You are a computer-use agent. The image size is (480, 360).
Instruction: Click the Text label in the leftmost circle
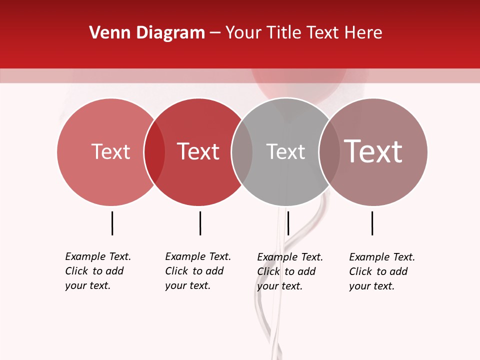pos(110,151)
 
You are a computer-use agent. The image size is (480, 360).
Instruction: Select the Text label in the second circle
pos(198,151)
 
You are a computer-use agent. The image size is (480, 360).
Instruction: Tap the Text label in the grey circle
pos(285,151)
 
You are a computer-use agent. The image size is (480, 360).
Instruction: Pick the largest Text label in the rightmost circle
pos(373,151)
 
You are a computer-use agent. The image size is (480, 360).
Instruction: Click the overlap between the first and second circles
pos(154,152)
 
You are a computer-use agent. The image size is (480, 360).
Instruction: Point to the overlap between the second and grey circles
pos(242,152)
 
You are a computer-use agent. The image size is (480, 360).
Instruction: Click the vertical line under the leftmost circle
pos(112,223)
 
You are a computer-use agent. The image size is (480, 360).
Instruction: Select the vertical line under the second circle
pos(200,223)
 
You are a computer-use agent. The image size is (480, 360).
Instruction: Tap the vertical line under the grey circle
pos(288,223)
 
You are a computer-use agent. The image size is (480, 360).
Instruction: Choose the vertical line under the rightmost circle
pos(372,223)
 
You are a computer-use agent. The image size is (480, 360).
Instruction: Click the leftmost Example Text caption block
pos(98,271)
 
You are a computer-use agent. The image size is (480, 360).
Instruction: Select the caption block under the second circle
pos(198,271)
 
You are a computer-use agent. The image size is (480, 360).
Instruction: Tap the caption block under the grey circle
pos(290,271)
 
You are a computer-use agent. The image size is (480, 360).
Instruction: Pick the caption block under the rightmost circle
pos(382,271)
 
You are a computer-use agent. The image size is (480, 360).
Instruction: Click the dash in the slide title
pos(215,33)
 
